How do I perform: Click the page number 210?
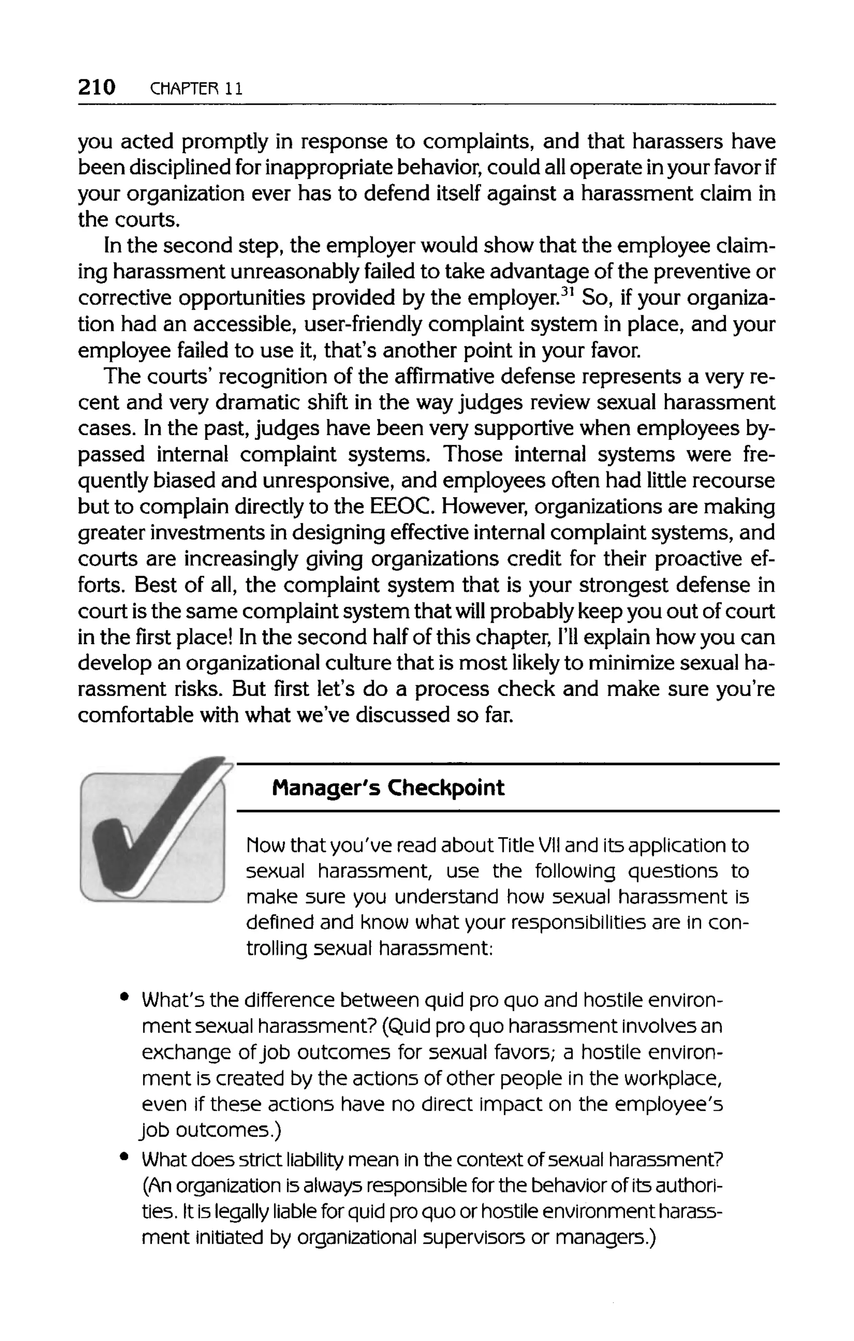tap(97, 88)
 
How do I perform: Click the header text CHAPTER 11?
tap(197, 89)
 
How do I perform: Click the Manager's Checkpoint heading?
tap(388, 788)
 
